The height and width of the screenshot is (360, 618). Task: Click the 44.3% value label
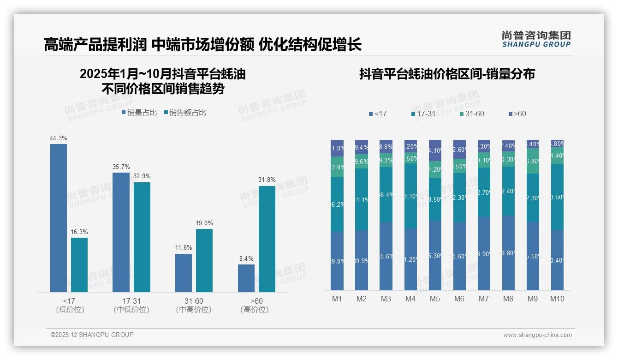(59, 138)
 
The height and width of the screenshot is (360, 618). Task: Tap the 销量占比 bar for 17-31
(121, 232)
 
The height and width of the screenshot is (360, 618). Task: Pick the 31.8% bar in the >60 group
(267, 239)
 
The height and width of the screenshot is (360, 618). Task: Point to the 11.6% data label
(184, 248)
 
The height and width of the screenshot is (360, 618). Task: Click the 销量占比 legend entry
(139, 113)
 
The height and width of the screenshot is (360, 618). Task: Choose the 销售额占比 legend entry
(185, 113)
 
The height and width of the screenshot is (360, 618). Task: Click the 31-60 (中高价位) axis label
(194, 305)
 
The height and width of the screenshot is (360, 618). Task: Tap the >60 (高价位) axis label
(255, 305)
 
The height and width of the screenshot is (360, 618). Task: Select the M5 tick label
(435, 299)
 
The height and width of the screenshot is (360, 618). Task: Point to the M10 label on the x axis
(557, 299)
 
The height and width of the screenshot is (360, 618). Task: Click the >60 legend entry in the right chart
(517, 114)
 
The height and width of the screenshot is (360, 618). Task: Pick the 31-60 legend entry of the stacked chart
(472, 114)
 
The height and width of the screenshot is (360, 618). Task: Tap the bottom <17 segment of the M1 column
(337, 261)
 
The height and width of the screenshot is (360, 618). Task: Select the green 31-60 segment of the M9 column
(533, 161)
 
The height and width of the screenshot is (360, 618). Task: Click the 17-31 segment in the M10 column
(557, 197)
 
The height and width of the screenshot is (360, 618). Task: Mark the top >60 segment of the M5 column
(435, 150)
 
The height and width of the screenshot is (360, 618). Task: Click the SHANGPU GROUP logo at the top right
(536, 39)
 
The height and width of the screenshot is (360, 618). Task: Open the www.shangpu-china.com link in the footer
(537, 335)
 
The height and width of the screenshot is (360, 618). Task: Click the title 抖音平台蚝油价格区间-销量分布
(447, 74)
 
